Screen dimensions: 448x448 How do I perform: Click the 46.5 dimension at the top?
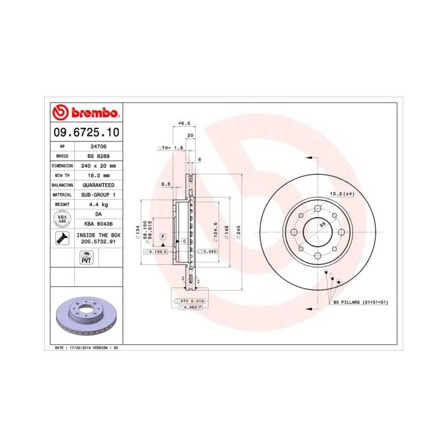(184, 123)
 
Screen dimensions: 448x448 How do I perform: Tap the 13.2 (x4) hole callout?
(341, 193)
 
